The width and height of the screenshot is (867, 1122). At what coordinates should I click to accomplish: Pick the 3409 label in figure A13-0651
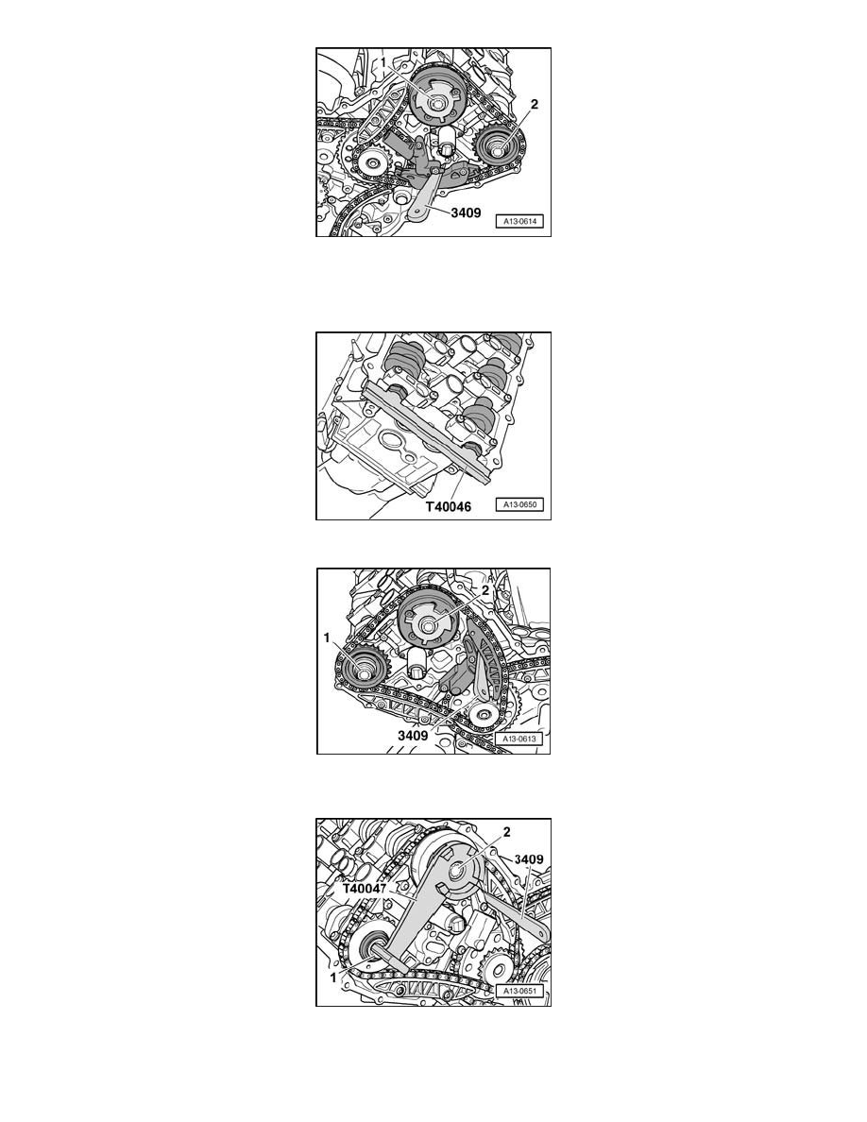tap(523, 860)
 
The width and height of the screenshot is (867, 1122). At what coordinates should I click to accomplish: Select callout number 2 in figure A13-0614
tap(534, 105)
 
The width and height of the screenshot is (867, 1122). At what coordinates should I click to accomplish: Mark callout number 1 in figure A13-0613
tap(328, 638)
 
